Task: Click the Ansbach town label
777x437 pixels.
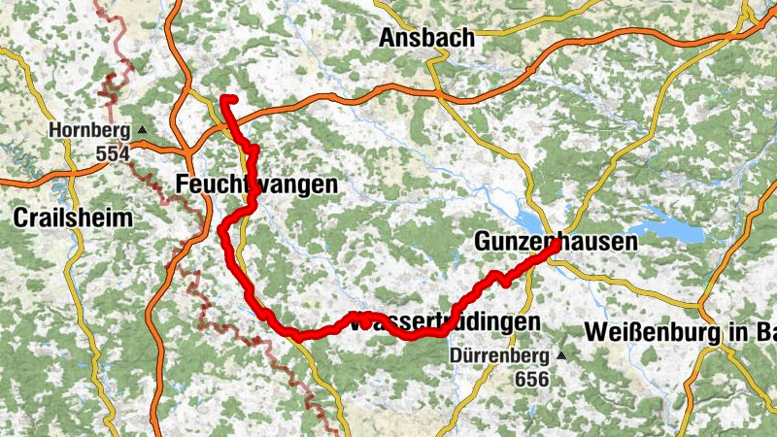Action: click(x=426, y=38)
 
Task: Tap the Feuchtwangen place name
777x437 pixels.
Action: click(x=257, y=184)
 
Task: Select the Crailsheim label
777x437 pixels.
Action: click(x=73, y=218)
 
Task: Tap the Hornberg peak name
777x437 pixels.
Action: click(x=88, y=131)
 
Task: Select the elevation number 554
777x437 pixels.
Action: click(x=113, y=153)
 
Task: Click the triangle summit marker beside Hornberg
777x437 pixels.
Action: click(x=143, y=130)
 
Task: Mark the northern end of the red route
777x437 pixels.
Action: click(x=224, y=99)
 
